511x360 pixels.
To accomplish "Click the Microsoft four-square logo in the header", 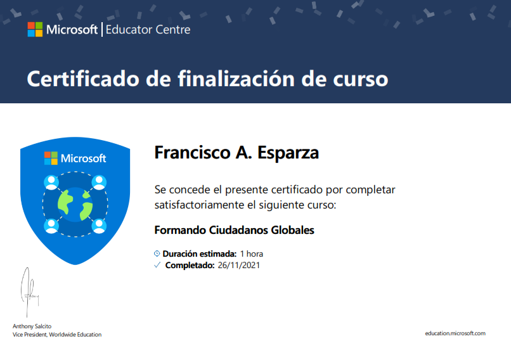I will tap(35, 29).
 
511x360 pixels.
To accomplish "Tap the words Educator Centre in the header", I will tap(148, 29).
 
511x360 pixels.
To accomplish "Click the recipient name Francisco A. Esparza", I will tap(236, 153).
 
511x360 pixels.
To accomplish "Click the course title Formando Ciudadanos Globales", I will tap(234, 230).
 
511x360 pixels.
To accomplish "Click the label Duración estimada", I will tap(200, 254).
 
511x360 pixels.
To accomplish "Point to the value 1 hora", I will tap(252, 254).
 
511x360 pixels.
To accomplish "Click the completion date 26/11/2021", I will tap(238, 266).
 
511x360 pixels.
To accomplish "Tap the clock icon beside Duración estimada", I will tap(158, 254).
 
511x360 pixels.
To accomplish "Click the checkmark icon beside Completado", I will tap(158, 266).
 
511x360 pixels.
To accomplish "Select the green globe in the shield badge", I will tap(75, 203).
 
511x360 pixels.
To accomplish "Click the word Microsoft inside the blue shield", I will tap(84, 158).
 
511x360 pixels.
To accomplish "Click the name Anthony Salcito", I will tap(32, 326).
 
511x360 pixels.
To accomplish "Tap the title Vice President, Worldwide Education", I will tap(57, 335).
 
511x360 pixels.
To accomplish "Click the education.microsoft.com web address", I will tap(455, 333).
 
